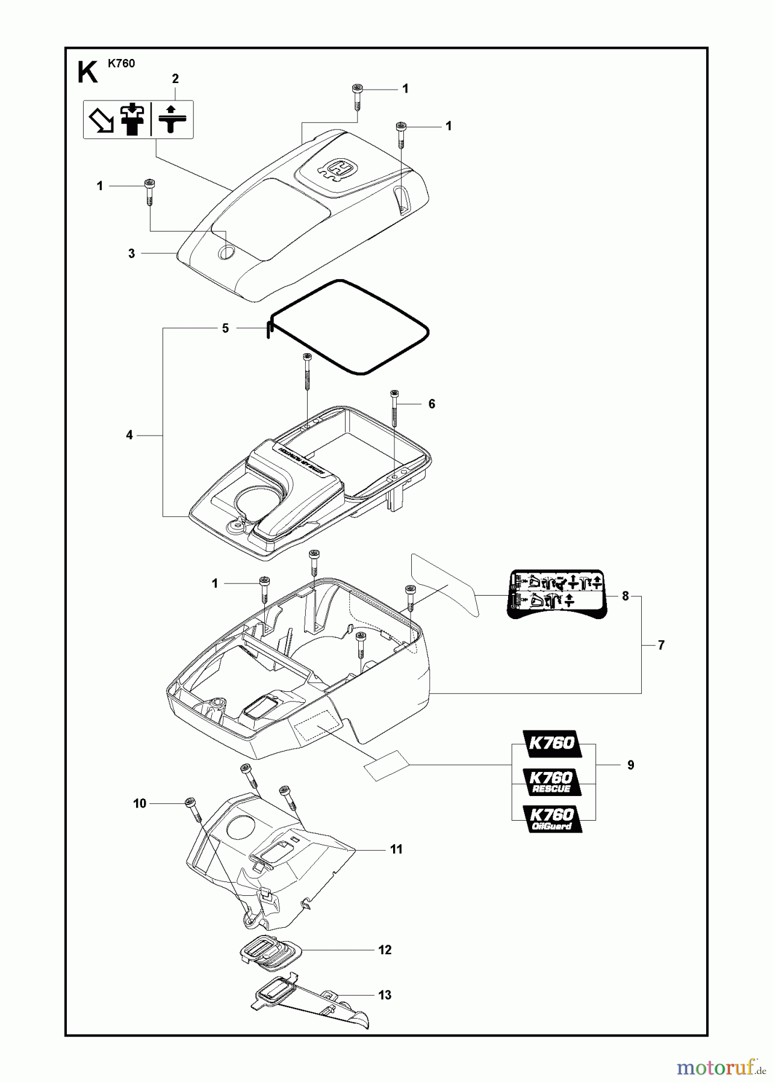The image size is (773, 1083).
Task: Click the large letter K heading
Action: click(x=88, y=73)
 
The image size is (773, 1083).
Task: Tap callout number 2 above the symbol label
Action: click(x=175, y=79)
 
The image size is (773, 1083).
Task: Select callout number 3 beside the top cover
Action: click(x=132, y=254)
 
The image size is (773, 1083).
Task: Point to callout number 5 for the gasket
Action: click(x=225, y=329)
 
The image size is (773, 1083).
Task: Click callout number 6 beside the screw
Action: click(x=432, y=404)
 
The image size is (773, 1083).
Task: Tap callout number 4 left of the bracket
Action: click(x=129, y=435)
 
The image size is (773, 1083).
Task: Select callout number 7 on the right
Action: click(x=661, y=646)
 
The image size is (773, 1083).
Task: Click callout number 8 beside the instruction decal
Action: click(x=626, y=596)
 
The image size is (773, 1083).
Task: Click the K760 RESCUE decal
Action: click(x=551, y=782)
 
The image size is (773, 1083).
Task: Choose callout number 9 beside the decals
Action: click(x=630, y=765)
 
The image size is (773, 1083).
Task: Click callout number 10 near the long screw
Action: click(x=140, y=804)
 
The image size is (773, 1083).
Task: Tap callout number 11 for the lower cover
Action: click(x=396, y=850)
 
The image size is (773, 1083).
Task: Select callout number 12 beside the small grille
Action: click(x=385, y=950)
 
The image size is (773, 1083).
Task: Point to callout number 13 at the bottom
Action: click(x=385, y=995)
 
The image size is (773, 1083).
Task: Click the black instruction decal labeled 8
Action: click(x=557, y=594)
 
